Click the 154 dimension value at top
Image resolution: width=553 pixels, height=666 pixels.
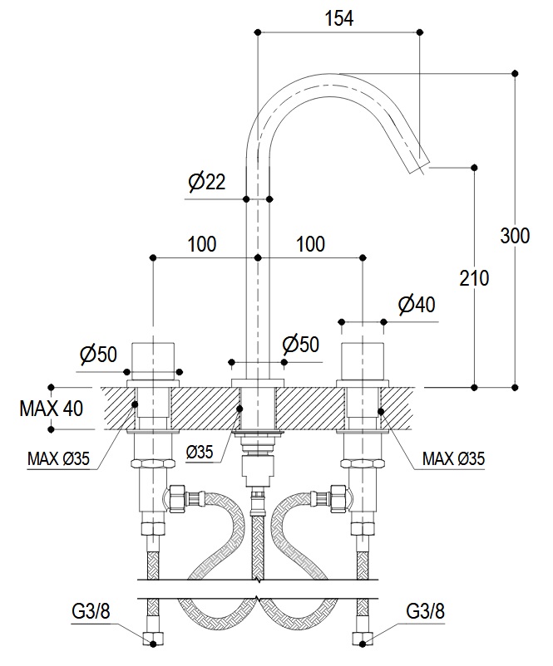[x=339, y=18]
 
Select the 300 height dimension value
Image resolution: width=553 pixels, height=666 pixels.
[x=515, y=236]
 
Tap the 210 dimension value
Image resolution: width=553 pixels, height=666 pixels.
[x=474, y=277]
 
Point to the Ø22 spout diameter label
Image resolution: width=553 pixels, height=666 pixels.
[x=207, y=183]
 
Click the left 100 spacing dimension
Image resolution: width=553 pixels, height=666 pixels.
[x=202, y=244]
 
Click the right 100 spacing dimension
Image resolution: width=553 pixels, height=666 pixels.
[x=310, y=244]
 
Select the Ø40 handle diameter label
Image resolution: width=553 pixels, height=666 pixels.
[x=417, y=305]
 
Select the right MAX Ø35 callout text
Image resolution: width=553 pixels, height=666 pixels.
[x=453, y=457]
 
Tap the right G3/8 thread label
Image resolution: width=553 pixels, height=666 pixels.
[x=426, y=611]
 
